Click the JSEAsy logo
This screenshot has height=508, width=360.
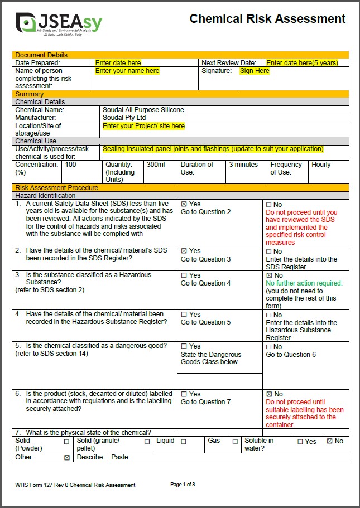[59, 23]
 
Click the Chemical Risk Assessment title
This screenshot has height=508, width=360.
[267, 19]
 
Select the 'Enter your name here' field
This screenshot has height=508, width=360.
[127, 71]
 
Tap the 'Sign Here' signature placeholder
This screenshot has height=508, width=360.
[255, 71]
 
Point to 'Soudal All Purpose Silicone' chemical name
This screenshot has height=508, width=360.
[143, 110]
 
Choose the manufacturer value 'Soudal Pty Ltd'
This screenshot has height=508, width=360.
[124, 118]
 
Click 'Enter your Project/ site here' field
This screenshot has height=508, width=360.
[143, 126]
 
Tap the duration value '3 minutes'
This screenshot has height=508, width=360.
[243, 165]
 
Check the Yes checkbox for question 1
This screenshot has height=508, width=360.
[184, 205]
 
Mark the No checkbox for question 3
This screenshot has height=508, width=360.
[269, 275]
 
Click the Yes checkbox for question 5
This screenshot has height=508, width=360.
[184, 347]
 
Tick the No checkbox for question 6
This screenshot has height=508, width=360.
[269, 394]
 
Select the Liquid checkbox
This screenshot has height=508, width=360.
[184, 442]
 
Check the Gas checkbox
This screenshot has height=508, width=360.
[235, 442]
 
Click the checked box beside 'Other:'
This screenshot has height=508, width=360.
[67, 458]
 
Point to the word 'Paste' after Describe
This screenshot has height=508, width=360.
[119, 457]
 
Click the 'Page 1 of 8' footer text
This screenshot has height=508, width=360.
[183, 485]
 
